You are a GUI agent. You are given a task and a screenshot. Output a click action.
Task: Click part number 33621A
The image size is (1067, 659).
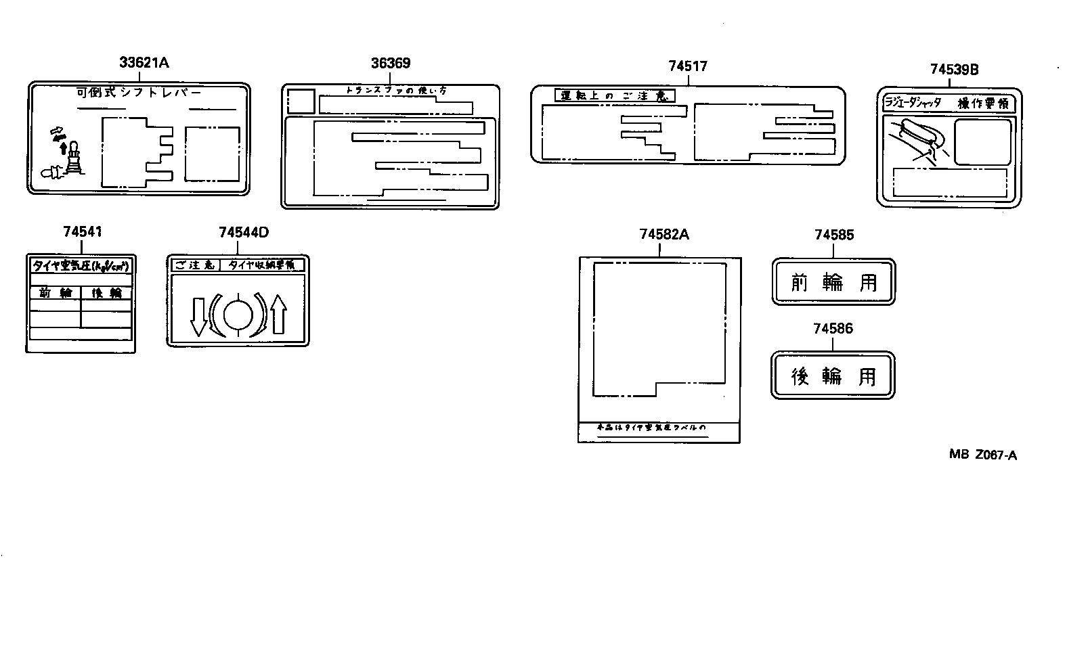144,63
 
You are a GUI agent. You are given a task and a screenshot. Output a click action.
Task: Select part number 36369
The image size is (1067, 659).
391,63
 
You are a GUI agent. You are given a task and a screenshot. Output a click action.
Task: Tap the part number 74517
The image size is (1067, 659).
687,66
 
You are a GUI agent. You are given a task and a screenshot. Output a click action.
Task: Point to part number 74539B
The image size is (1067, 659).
954,69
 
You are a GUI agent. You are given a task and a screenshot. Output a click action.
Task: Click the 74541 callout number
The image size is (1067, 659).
83,231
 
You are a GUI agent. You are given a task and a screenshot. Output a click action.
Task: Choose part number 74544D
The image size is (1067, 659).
244,232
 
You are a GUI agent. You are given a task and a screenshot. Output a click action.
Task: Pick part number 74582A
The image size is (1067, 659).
663,234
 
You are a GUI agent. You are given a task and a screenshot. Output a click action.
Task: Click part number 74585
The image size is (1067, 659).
834,235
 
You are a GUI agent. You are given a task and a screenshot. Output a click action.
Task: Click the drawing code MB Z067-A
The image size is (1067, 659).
982,455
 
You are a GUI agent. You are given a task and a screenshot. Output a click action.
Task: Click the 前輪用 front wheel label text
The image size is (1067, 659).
833,281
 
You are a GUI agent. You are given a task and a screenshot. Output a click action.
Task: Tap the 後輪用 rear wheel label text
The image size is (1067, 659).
833,376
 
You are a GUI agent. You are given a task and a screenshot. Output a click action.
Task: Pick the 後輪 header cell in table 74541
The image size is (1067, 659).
106,293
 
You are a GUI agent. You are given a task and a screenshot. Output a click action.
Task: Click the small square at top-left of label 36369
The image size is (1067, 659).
301,101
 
